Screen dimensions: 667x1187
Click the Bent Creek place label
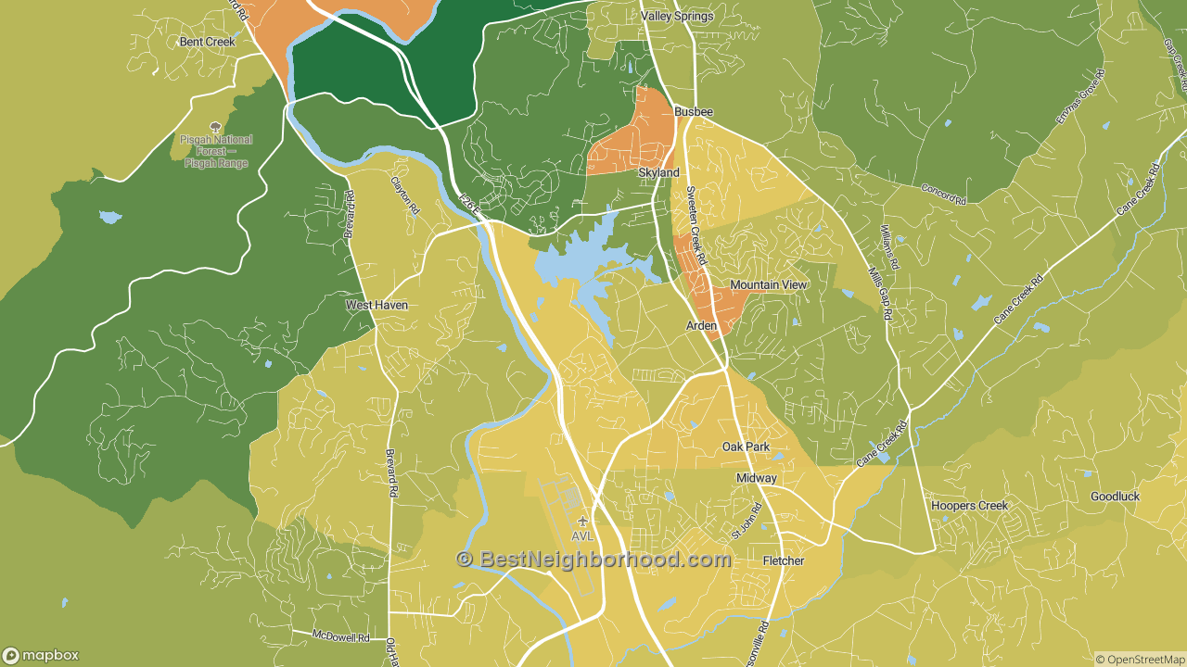(x=208, y=42)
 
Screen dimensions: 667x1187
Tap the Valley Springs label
(x=678, y=16)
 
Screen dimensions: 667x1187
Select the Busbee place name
(x=694, y=112)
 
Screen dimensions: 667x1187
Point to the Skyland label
(x=658, y=173)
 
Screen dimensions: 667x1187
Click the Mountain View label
(x=768, y=285)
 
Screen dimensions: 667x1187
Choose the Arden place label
(x=701, y=326)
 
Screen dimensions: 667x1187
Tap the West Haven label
(x=377, y=305)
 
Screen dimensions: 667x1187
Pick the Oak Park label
(x=747, y=447)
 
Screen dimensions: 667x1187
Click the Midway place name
(x=756, y=478)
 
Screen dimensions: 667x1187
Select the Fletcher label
(x=783, y=561)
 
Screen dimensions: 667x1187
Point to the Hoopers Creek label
(x=969, y=506)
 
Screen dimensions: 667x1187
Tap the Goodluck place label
(x=1115, y=497)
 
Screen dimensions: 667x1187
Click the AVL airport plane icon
(x=582, y=521)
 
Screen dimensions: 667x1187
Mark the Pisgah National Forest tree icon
(x=216, y=127)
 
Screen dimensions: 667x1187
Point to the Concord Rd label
(x=943, y=194)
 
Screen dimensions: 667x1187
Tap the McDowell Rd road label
(x=341, y=637)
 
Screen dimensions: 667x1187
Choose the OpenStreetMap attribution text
(x=1140, y=660)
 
